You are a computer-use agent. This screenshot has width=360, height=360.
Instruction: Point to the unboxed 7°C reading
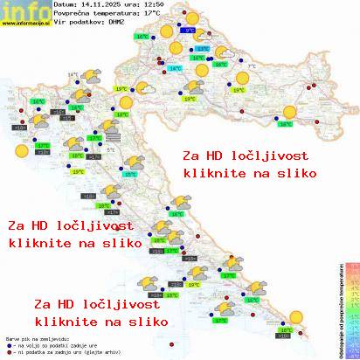[x=252, y=66]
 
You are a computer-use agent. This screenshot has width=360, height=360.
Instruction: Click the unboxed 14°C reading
[x=73, y=75]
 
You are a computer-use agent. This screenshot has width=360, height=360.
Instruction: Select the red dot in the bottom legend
[x=8, y=354]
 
